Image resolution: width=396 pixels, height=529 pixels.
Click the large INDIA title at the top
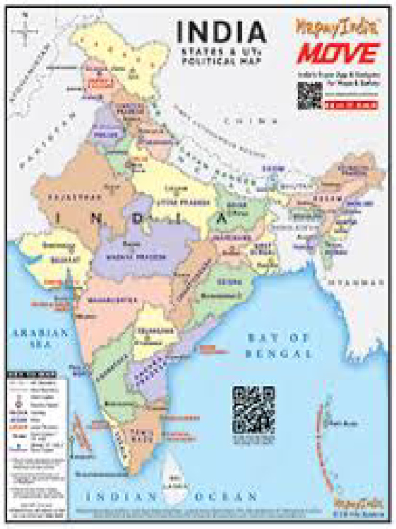[x=221, y=33]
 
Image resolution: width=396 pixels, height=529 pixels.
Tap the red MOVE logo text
[x=338, y=53]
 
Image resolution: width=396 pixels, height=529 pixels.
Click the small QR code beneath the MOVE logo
[x=309, y=95]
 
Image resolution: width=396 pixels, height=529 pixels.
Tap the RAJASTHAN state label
[x=65, y=197]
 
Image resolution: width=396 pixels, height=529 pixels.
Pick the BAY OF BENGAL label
[x=279, y=346]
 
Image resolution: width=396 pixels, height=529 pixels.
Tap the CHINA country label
[x=246, y=121]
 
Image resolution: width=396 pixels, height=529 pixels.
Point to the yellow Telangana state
[x=153, y=333]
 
